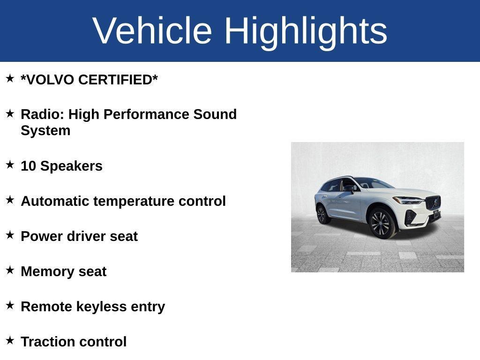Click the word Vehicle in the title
point(152,31)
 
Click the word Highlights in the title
point(306,31)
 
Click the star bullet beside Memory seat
point(10,270)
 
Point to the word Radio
point(42,114)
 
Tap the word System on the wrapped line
point(45,131)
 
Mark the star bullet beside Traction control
point(10,340)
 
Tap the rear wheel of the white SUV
point(322,214)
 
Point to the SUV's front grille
point(433,203)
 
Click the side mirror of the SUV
point(349,188)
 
